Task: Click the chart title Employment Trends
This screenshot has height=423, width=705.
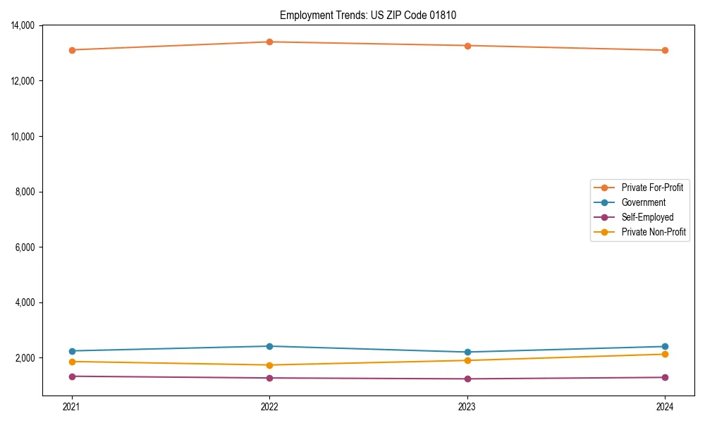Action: pos(368,16)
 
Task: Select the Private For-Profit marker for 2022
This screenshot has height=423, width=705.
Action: pos(269,42)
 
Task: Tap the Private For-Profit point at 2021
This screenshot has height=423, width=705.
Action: pos(71,50)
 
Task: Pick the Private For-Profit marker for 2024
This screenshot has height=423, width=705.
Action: pos(665,50)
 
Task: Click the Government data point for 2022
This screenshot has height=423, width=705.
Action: pos(269,346)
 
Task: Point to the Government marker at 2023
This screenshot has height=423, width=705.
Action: pos(467,352)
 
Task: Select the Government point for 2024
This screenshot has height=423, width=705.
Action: pos(665,346)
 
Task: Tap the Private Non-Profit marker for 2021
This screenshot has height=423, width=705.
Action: pos(71,362)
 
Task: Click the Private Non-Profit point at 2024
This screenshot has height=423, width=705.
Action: pos(665,354)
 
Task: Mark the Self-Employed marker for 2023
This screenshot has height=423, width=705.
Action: pos(467,379)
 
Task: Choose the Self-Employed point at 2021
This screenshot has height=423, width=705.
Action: pos(71,376)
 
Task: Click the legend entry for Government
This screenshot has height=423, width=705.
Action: pos(643,202)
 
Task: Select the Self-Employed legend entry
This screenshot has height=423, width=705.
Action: pos(647,217)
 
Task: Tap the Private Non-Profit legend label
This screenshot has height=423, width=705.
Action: pos(654,232)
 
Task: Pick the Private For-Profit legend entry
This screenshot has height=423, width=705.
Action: pos(651,188)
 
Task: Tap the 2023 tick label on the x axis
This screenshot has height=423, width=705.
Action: pos(467,407)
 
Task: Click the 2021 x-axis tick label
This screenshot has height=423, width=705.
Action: pos(71,407)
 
